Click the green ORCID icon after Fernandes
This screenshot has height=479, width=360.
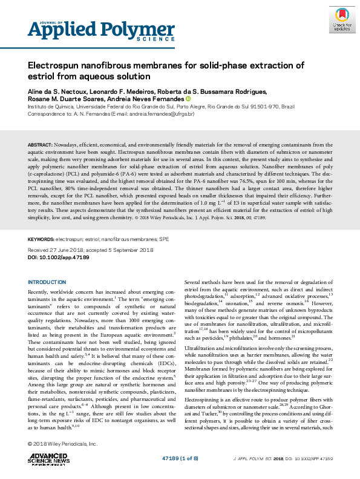pos(188,99)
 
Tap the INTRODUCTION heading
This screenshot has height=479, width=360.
pos(48,282)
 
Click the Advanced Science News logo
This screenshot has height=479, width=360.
pos(50,457)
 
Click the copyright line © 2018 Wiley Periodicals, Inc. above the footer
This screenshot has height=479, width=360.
pos(62,444)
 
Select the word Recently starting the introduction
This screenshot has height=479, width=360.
pos(41,292)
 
